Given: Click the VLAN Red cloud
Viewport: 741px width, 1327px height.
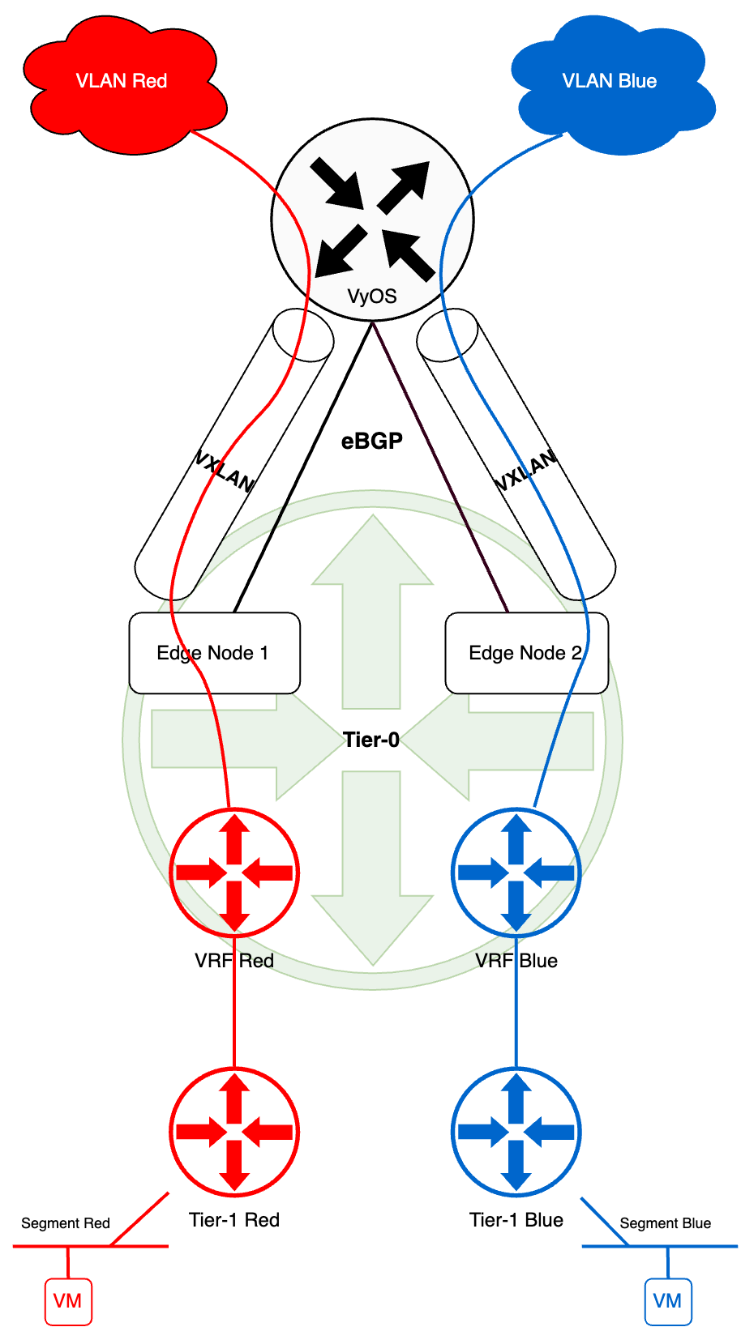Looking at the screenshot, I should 122,85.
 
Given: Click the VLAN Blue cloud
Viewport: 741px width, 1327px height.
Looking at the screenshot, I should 612,85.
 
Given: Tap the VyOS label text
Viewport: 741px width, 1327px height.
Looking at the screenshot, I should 372,296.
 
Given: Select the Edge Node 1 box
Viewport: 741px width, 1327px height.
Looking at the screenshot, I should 214,653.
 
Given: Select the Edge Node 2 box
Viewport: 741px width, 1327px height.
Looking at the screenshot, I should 526,653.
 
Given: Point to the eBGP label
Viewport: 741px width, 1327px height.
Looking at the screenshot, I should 372,441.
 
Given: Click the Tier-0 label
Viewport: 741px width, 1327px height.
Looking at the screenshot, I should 371,740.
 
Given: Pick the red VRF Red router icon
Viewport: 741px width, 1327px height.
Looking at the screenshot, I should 234,873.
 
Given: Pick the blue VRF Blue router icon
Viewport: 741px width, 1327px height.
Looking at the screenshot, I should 516,873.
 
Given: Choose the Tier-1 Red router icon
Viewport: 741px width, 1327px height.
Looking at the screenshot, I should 234,1132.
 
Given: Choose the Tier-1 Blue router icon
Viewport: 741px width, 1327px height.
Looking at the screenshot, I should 516,1132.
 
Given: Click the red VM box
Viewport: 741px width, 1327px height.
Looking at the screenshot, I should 68,1301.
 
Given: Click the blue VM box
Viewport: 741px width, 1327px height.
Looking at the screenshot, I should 668,1301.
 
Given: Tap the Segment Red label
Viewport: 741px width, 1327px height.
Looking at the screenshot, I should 66,1223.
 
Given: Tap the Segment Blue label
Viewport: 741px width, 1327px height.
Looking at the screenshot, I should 666,1223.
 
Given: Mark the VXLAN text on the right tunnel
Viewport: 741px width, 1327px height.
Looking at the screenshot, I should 526,471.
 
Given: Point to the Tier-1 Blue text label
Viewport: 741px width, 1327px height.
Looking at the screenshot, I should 516,1220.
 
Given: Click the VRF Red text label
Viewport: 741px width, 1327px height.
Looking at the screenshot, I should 234,961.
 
